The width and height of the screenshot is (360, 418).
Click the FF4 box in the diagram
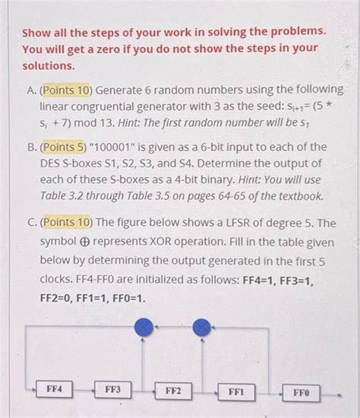tap(54, 389)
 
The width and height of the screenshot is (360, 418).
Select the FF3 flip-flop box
tap(113, 390)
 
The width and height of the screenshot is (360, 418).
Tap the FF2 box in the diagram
tap(173, 391)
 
